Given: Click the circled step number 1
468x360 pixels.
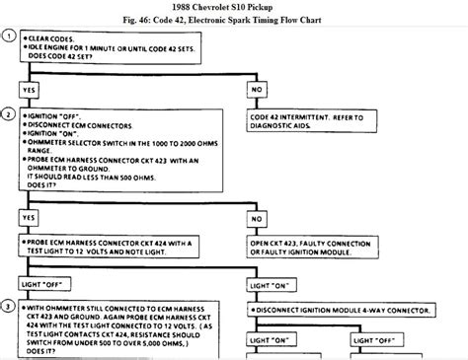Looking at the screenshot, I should coord(9,39).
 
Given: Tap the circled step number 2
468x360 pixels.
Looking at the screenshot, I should coord(9,113).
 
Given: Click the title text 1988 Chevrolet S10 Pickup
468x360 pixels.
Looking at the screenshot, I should coord(234,7).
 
